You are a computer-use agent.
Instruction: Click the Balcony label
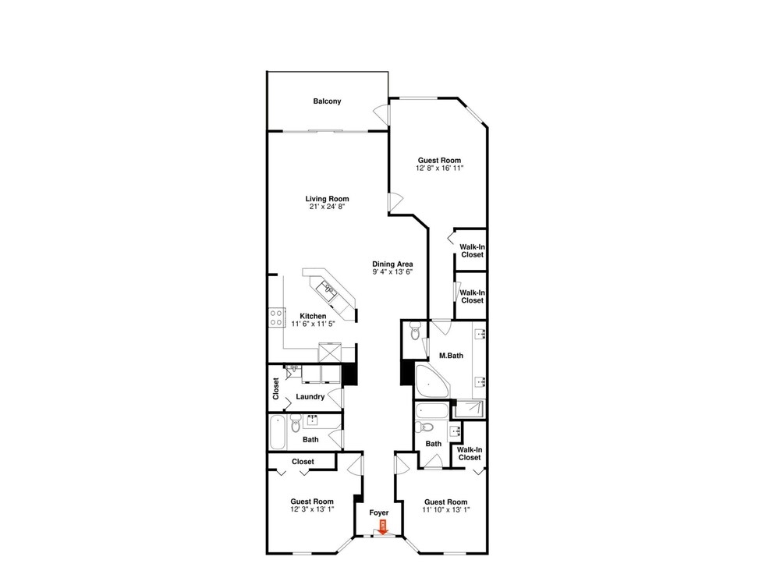point(327,101)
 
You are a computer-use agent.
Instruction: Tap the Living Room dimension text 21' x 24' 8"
point(327,207)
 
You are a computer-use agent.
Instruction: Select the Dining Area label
point(392,264)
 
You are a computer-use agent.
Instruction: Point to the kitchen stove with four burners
point(277,317)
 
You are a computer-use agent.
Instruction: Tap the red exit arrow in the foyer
point(382,527)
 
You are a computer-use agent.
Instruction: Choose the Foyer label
point(378,513)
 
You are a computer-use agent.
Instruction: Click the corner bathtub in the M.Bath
point(432,381)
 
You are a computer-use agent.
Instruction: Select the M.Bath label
point(451,356)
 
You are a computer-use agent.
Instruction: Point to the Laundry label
point(310,397)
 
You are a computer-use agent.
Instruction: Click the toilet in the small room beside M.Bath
point(416,329)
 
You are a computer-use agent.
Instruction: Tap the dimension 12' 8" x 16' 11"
point(439,168)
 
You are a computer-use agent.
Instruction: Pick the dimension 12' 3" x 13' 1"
point(312,509)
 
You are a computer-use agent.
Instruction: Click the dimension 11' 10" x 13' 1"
point(445,509)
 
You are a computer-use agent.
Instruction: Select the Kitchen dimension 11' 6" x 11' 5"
point(313,324)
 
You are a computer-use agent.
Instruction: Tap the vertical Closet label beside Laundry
point(276,389)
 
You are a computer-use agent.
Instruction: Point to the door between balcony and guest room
point(382,114)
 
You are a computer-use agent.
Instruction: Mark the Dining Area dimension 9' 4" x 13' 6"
point(392,272)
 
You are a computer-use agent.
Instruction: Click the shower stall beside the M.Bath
point(468,409)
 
